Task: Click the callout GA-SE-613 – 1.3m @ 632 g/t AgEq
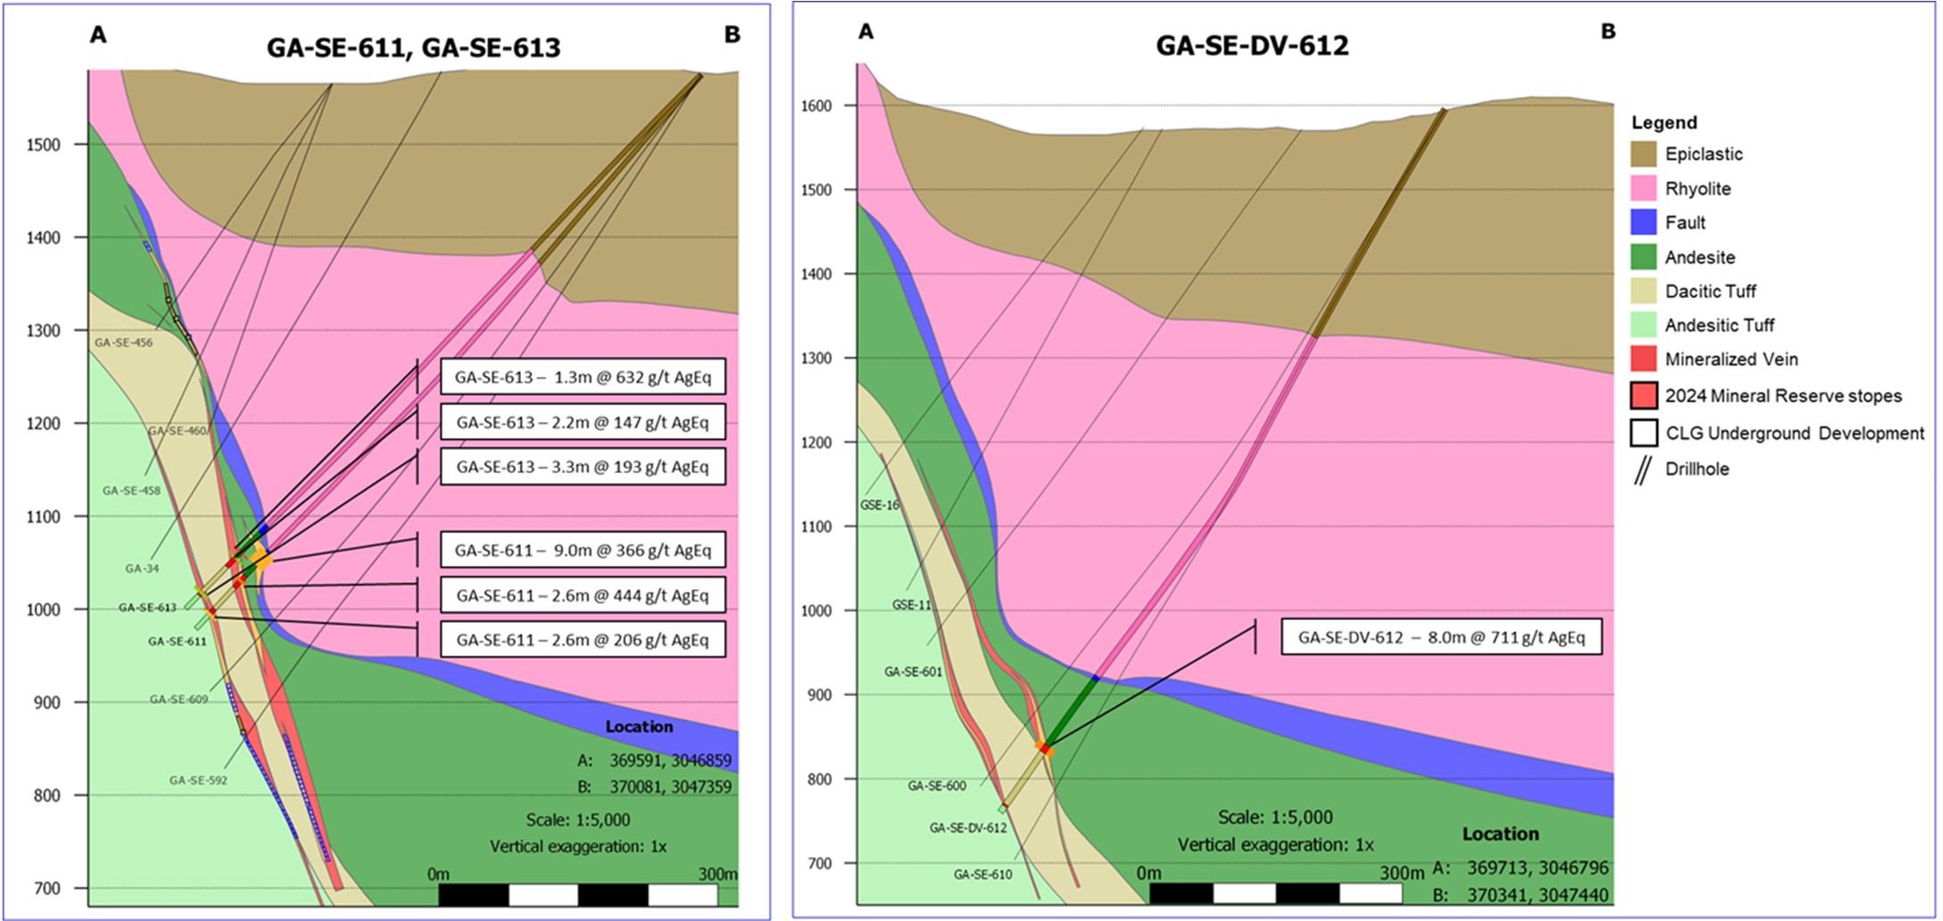click(583, 377)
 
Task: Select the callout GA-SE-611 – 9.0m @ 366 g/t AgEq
click(583, 550)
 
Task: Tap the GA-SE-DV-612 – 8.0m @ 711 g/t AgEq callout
click(1441, 637)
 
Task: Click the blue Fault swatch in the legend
click(1643, 223)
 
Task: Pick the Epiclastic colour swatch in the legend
click(1643, 153)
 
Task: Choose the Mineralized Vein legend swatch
click(1643, 360)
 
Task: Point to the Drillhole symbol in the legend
click(1643, 469)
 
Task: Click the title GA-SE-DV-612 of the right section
click(1252, 46)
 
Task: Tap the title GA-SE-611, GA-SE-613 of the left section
click(413, 47)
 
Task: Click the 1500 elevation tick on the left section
click(44, 145)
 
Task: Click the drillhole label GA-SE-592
click(198, 780)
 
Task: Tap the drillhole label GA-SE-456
click(123, 343)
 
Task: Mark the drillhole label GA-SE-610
click(982, 875)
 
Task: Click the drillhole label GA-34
click(142, 568)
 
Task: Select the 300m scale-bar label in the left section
click(717, 874)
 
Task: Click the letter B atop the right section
click(1608, 32)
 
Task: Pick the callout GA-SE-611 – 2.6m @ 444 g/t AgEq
click(583, 595)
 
